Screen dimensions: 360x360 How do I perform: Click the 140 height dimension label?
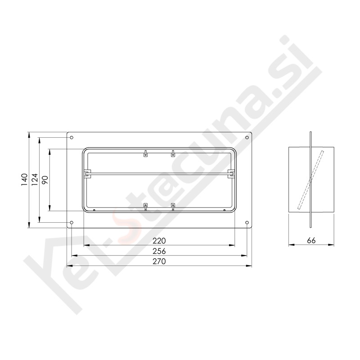(24, 180)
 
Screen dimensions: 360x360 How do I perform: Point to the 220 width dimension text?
(159, 241)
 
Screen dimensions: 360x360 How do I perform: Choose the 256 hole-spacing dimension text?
(159, 251)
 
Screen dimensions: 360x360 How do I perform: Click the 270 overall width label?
(159, 261)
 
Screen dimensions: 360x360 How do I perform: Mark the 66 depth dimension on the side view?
(311, 241)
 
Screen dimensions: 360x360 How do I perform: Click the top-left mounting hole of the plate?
(72, 138)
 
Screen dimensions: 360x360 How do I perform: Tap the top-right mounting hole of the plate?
(247, 138)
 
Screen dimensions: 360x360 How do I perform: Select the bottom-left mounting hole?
(72, 222)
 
